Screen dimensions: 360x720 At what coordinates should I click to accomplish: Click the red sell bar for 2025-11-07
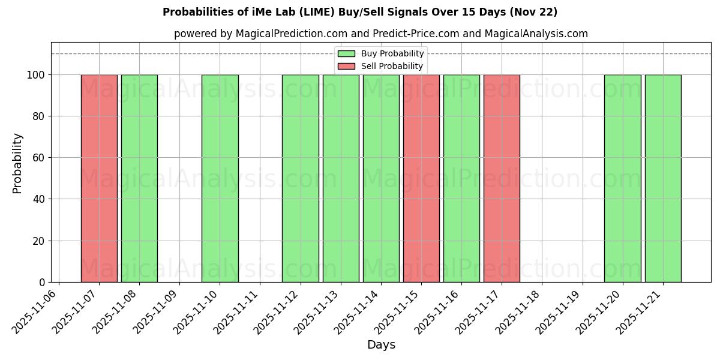click(x=99, y=178)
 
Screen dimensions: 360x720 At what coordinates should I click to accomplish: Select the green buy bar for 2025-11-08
click(x=139, y=178)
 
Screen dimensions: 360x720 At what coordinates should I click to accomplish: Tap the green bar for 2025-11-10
click(x=220, y=178)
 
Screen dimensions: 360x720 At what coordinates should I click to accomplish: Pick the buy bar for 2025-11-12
click(x=300, y=178)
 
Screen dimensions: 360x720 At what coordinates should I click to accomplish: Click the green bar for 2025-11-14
click(x=381, y=178)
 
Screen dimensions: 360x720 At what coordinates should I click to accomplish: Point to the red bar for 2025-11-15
click(x=421, y=178)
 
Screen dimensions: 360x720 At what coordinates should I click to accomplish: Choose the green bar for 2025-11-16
click(x=461, y=178)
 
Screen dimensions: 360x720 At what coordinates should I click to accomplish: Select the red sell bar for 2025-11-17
click(x=502, y=178)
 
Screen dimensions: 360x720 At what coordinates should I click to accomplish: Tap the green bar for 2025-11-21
click(x=663, y=178)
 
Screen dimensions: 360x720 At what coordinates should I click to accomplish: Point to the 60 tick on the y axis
click(x=40, y=158)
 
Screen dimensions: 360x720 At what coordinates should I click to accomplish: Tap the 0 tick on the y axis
click(x=42, y=283)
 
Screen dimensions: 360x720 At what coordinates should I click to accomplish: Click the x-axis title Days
click(x=381, y=345)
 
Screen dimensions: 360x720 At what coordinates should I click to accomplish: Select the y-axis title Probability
click(x=17, y=163)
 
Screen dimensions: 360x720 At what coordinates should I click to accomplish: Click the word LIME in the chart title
click(x=336, y=12)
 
